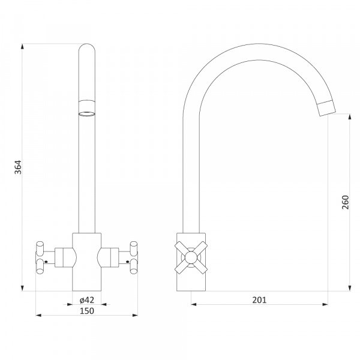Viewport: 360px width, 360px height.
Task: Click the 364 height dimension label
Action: click(x=18, y=167)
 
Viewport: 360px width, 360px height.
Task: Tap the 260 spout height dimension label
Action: click(x=346, y=202)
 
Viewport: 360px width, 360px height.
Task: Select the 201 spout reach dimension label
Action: click(x=259, y=300)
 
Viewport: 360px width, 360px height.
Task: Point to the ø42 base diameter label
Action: click(x=87, y=300)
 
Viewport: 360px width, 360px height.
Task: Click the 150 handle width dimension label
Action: click(x=87, y=311)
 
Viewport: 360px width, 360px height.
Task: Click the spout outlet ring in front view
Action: click(x=87, y=113)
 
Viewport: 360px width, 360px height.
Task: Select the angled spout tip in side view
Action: click(x=327, y=108)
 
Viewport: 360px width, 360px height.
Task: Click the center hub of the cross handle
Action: click(x=191, y=257)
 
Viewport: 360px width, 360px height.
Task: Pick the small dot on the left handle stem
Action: click(x=46, y=262)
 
